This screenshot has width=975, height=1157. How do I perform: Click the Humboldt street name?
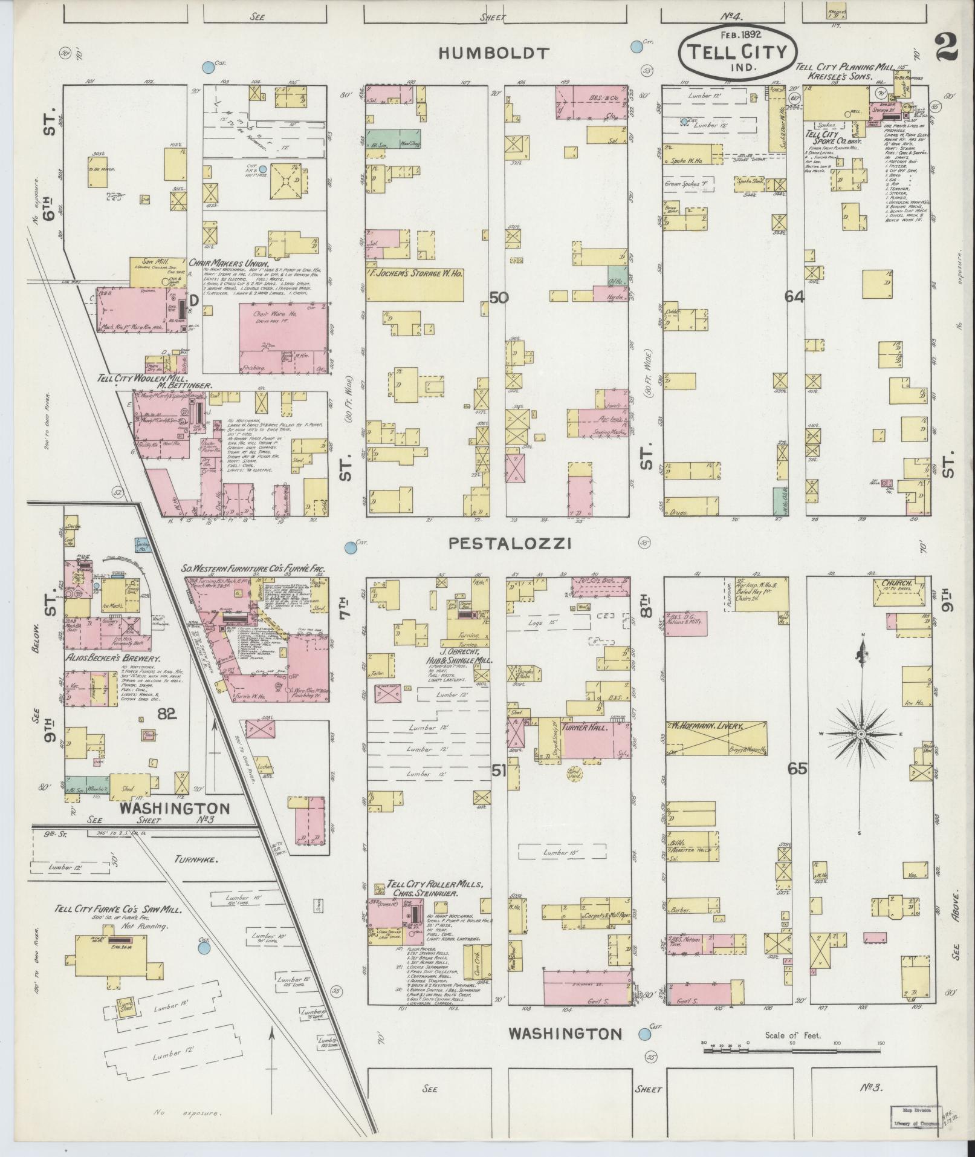pyautogui.click(x=494, y=53)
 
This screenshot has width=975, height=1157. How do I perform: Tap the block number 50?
pyautogui.click(x=499, y=298)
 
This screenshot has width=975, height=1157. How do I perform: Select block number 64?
pyautogui.click(x=794, y=296)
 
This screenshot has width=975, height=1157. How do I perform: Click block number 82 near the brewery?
pyautogui.click(x=167, y=714)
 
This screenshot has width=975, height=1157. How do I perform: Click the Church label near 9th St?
pyautogui.click(x=898, y=584)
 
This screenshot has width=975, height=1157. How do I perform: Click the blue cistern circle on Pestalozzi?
pyautogui.click(x=349, y=548)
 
